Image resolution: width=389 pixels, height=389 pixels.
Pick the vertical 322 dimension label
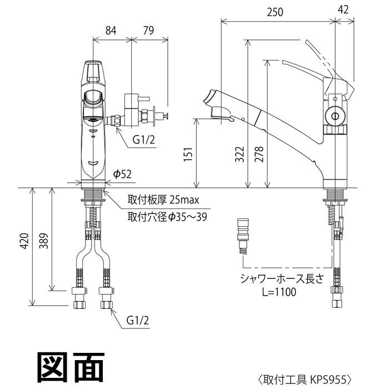238,153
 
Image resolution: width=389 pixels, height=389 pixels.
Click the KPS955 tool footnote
305,379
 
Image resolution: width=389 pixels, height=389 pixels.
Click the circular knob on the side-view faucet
335,116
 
